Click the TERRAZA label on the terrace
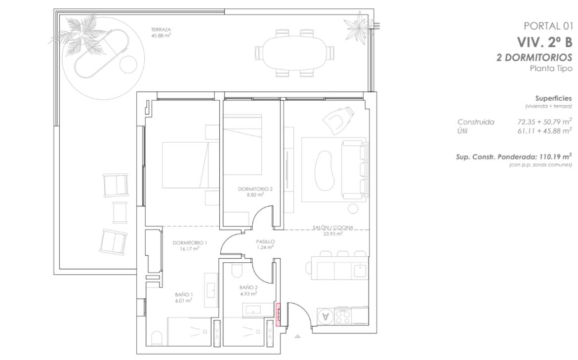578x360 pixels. (161, 30)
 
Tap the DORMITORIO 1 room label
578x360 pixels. (190, 243)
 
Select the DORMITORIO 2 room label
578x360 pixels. (255, 189)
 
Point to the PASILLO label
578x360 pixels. (265, 241)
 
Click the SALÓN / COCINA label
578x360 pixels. (333, 228)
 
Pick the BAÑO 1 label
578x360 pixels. (184, 294)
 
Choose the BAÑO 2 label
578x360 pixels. (248, 287)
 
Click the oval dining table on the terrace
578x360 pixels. (294, 52)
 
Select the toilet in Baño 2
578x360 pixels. (236, 271)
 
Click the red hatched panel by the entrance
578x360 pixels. (278, 314)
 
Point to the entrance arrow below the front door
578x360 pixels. (297, 336)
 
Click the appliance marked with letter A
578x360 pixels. (325, 316)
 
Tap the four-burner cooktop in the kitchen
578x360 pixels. (343, 317)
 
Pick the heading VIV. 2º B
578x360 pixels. (545, 42)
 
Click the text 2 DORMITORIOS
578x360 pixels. (534, 57)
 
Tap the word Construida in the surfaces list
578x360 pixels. (476, 122)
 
